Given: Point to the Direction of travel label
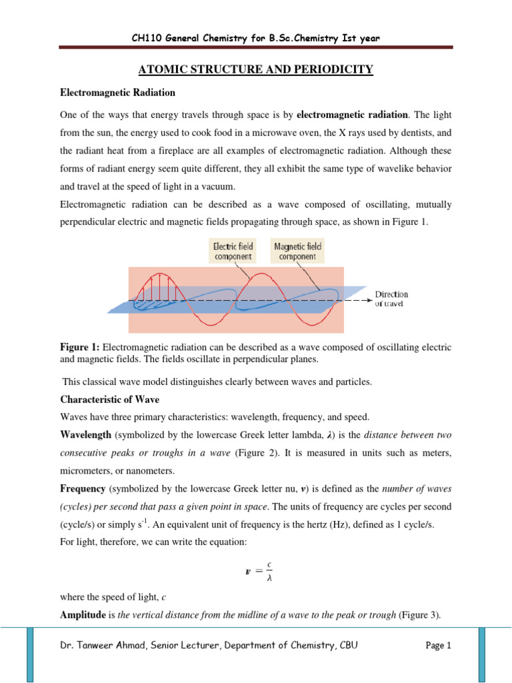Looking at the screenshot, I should tap(392, 298).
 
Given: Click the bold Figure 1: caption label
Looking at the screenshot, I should tap(79, 348).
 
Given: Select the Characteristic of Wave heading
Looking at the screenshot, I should tap(109, 400).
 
